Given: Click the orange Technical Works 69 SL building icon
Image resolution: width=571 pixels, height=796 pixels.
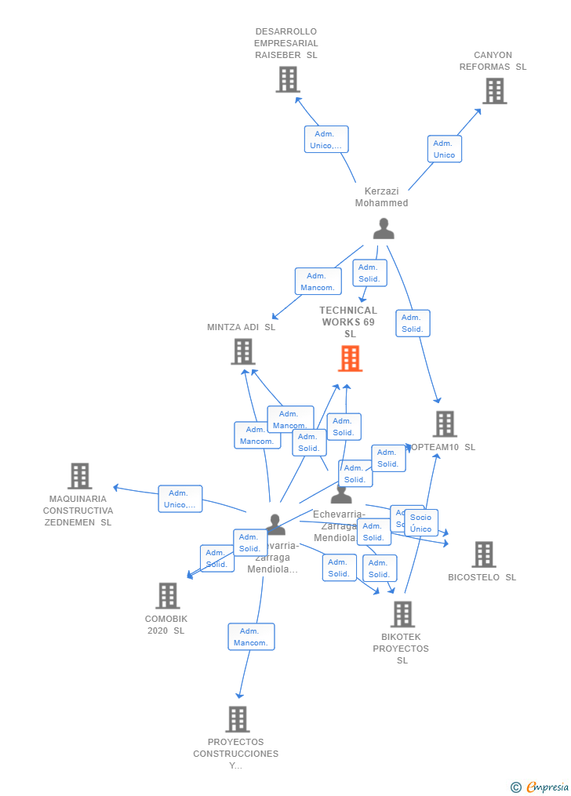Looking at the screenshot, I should (350, 358).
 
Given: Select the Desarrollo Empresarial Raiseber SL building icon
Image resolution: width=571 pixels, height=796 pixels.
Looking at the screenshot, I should (288, 79).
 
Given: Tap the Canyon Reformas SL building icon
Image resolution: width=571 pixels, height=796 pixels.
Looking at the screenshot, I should (494, 91).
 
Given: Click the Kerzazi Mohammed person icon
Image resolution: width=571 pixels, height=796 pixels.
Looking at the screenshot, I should (384, 228).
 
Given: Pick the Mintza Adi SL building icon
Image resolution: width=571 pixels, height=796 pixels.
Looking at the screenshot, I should (243, 351).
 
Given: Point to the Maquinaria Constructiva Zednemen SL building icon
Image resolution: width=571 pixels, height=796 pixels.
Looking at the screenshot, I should (79, 476).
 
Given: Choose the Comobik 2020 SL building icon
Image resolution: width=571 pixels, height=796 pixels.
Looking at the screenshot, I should (167, 596).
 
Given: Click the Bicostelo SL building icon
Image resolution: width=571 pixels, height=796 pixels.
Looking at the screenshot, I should (483, 554).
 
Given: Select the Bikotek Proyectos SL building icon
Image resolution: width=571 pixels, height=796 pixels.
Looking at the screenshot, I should (402, 615).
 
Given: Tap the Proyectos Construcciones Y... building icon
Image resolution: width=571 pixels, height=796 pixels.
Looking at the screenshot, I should (237, 719).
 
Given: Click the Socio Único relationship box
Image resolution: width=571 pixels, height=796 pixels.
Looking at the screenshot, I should (421, 522).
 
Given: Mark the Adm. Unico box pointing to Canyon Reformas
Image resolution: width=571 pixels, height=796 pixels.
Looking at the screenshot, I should (444, 149).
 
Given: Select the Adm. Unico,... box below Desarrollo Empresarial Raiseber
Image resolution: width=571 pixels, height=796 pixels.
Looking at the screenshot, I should (326, 140).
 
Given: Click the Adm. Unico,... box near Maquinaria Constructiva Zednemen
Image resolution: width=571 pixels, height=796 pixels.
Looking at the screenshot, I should (180, 499).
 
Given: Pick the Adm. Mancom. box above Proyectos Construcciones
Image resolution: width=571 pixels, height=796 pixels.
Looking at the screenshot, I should (251, 637).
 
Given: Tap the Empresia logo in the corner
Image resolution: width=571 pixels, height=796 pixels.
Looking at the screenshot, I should (540, 787).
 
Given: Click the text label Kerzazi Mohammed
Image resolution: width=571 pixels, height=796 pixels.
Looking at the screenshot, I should (382, 197).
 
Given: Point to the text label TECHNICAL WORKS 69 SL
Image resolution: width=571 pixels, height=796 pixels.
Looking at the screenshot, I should (349, 322).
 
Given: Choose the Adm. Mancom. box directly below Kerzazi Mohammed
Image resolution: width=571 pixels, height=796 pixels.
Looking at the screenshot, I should (318, 282).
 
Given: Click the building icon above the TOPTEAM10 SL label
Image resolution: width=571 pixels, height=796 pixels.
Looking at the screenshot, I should (445, 424).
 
